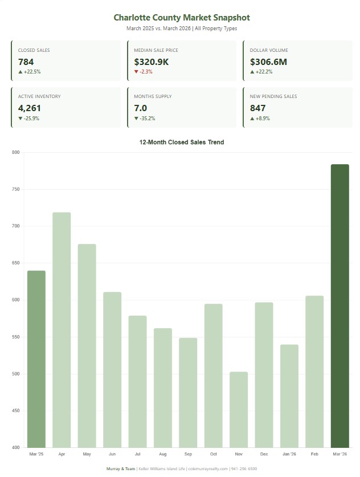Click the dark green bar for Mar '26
tap(339, 305)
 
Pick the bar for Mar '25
tap(36, 358)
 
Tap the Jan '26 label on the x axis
tap(289, 454)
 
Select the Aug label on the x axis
tap(163, 454)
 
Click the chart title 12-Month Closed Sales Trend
tap(182, 142)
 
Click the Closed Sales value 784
tap(26, 62)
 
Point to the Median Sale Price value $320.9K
tap(152, 62)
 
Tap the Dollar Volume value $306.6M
tap(268, 62)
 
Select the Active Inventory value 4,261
tap(30, 108)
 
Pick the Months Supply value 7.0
tap(141, 108)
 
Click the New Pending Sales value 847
tap(257, 108)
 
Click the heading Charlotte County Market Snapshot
tap(182, 18)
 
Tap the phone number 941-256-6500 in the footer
tap(244, 468)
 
